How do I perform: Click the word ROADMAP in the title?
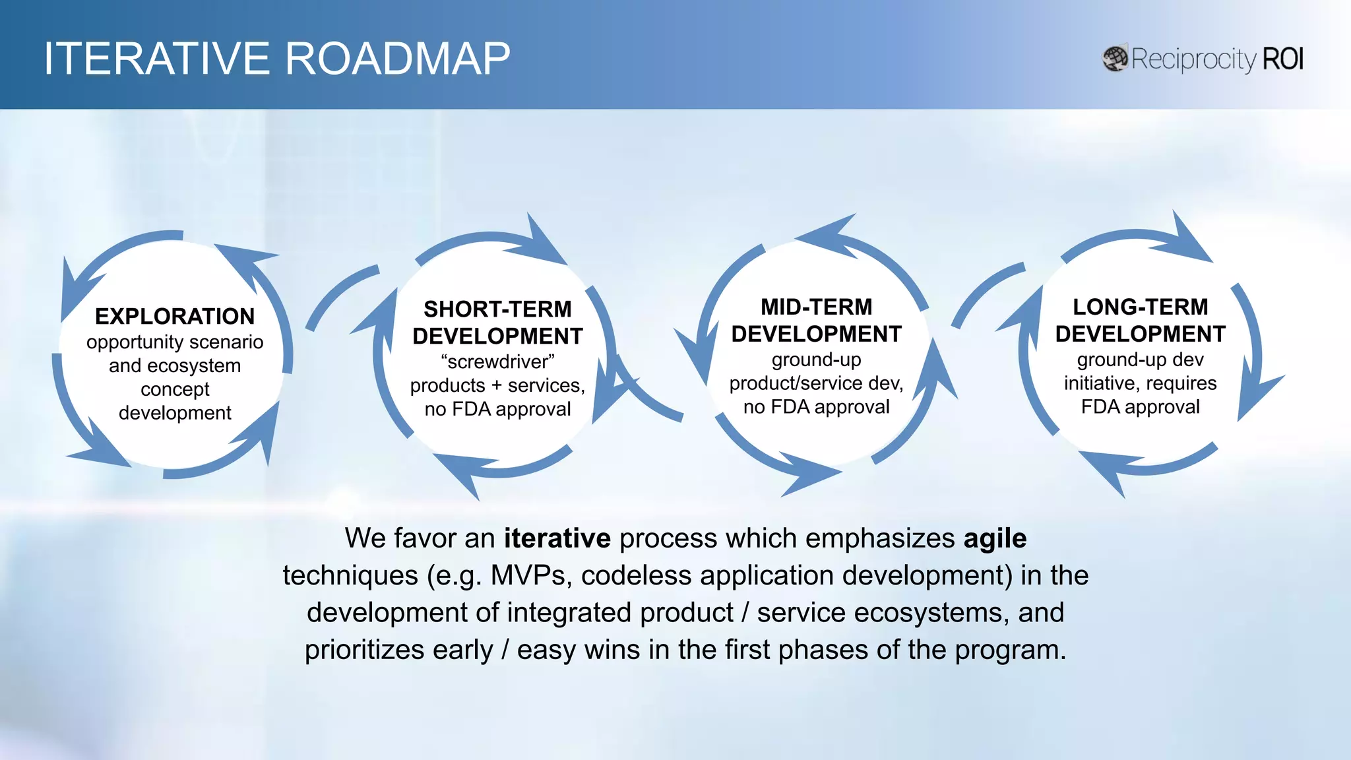point(397,59)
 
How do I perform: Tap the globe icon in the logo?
point(1115,59)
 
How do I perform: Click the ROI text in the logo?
point(1282,59)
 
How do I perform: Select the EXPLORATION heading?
point(175,317)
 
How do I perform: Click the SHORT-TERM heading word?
point(497,309)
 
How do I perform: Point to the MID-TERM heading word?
point(816,307)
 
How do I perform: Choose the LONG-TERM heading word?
point(1140,307)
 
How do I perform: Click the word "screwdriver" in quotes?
point(497,362)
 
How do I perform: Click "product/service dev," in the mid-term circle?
point(816,383)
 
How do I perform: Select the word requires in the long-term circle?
point(1181,383)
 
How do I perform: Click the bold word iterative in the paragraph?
point(557,538)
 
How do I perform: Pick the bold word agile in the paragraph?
point(995,538)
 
